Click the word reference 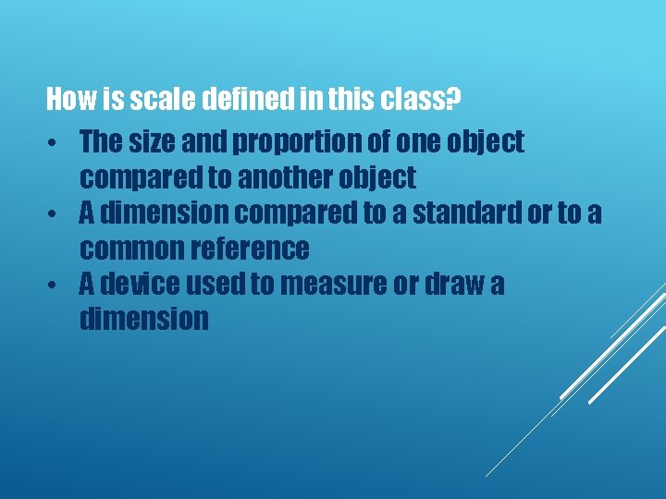pos(256,249)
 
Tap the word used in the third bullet pos(216,284)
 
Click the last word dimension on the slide pos(144,319)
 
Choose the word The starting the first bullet pos(100,142)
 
